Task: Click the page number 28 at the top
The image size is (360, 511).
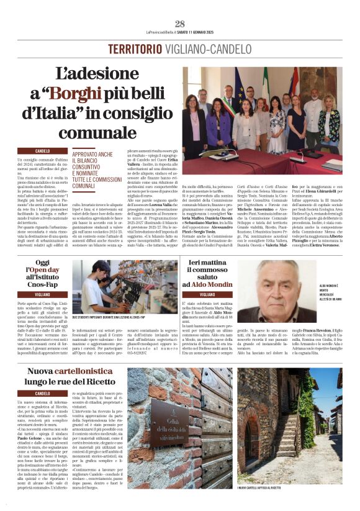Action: point(180,24)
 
